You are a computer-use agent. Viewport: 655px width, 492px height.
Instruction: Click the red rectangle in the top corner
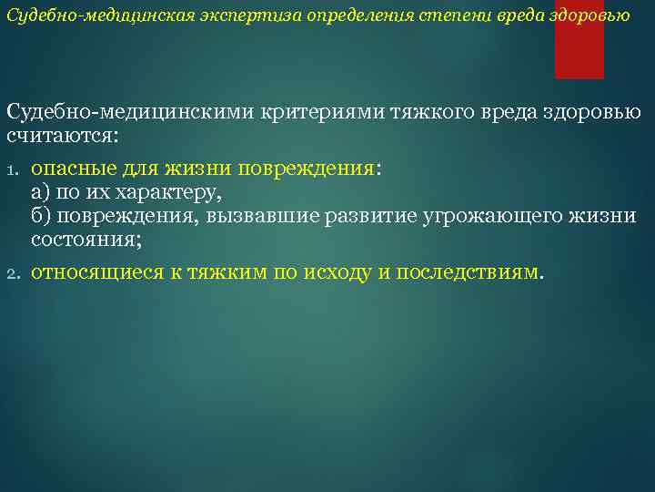click(x=579, y=39)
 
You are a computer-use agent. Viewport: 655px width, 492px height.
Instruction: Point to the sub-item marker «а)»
click(x=41, y=193)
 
